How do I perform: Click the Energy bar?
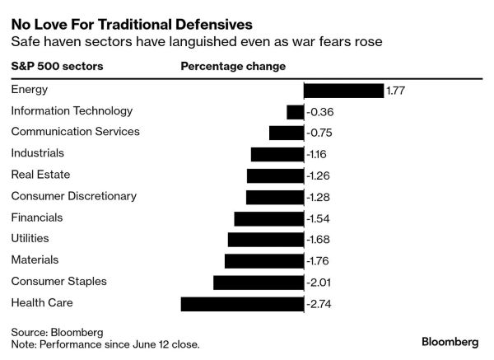pyautogui.click(x=344, y=91)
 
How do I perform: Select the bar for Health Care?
pyautogui.click(x=242, y=304)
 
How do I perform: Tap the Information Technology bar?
pyautogui.click(x=295, y=111)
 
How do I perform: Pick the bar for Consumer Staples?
pyautogui.click(x=259, y=283)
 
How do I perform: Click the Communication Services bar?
pyautogui.click(x=287, y=133)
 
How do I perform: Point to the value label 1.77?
pyautogui.click(x=396, y=91)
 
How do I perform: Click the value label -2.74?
pyautogui.click(x=318, y=304)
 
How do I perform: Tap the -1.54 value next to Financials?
pyautogui.click(x=318, y=218)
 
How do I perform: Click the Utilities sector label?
pyautogui.click(x=30, y=238)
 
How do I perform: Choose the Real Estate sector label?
pyautogui.click(x=40, y=174)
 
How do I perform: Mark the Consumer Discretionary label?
pyautogui.click(x=73, y=196)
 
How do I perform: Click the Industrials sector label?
pyautogui.click(x=37, y=153)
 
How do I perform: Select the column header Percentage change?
pyautogui.click(x=233, y=66)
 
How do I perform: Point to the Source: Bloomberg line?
pyautogui.click(x=57, y=331)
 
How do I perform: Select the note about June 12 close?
pyautogui.click(x=105, y=344)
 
